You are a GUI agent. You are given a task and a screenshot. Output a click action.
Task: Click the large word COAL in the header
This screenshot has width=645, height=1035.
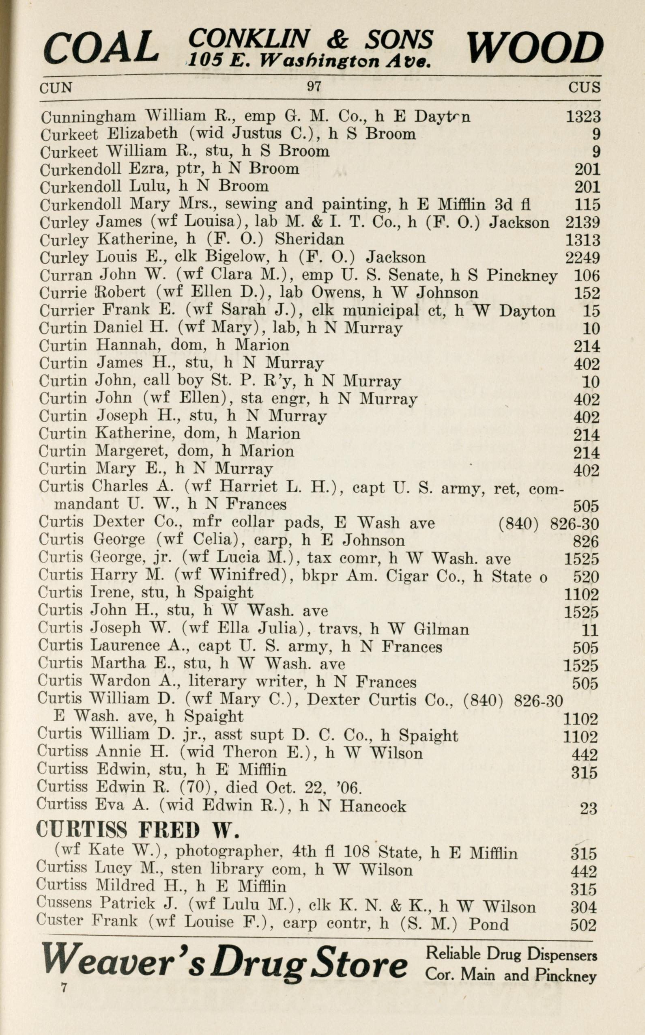pos(101,47)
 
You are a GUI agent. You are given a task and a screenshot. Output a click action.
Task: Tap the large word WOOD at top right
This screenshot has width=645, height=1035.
pos(535,47)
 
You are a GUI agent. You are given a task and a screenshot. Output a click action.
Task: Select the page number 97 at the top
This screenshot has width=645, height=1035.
pos(314,86)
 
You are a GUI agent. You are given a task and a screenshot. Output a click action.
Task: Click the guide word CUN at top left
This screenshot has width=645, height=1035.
pos(56,88)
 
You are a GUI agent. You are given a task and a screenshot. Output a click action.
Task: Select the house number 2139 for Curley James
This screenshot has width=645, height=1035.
pos(582,222)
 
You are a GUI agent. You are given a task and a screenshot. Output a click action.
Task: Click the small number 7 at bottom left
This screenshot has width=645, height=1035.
pos(64,988)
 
